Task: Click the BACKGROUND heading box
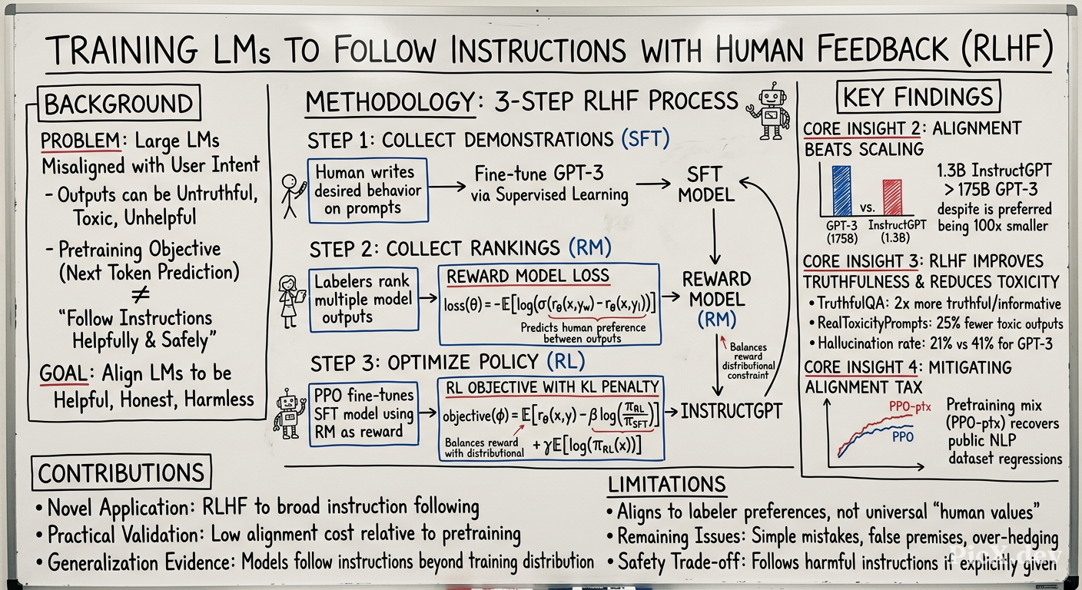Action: (x=119, y=103)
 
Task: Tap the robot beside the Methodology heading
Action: (x=769, y=111)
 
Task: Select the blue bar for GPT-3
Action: (x=841, y=191)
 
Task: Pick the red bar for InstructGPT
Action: (x=892, y=197)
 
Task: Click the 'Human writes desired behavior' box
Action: (x=368, y=191)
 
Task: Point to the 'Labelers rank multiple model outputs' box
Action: (x=363, y=300)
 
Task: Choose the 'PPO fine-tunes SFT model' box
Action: (x=363, y=414)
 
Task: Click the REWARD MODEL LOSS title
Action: (x=527, y=276)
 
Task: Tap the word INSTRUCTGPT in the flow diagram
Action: (x=731, y=411)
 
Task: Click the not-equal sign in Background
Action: (x=141, y=294)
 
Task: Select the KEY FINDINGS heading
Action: (x=918, y=97)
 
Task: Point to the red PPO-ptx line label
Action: (x=910, y=406)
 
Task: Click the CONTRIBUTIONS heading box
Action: (x=121, y=472)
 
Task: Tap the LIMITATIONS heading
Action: (x=666, y=484)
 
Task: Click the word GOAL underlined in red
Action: (x=63, y=373)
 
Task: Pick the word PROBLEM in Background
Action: (x=81, y=141)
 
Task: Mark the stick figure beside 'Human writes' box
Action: (x=292, y=196)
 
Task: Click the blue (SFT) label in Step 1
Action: (x=646, y=138)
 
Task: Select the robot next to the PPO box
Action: (x=290, y=414)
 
